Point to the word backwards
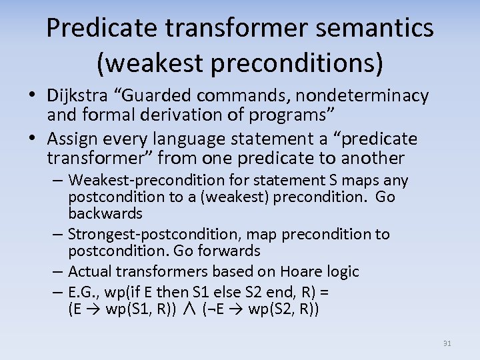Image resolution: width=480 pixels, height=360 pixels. pos(105,213)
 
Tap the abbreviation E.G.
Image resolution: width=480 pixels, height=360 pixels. pos(83,292)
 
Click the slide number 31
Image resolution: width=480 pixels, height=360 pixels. pos(447,343)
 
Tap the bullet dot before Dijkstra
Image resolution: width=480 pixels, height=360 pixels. pos(33,96)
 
